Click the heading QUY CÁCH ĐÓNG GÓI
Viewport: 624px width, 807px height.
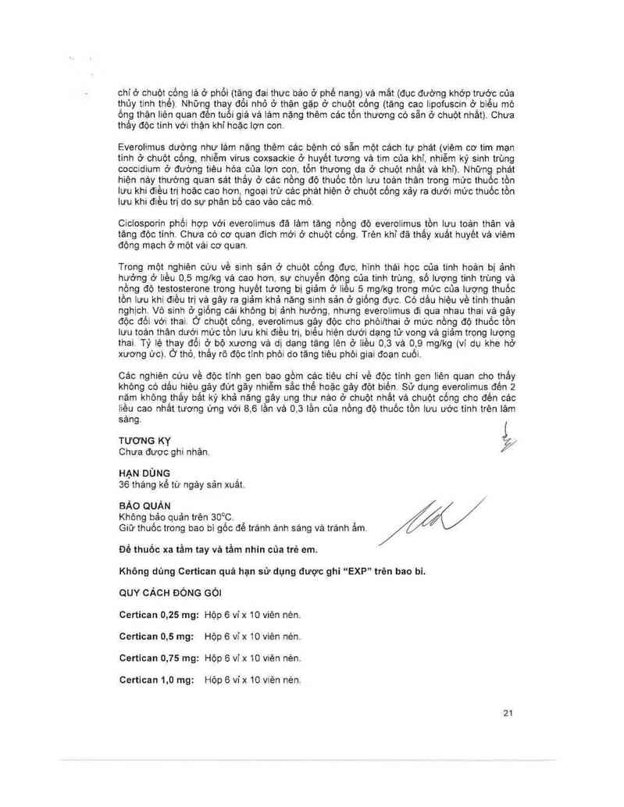tap(169, 591)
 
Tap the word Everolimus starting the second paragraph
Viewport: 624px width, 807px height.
tap(142, 147)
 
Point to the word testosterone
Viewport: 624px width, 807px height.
tap(163, 298)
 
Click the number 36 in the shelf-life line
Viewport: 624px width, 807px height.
tap(123, 485)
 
